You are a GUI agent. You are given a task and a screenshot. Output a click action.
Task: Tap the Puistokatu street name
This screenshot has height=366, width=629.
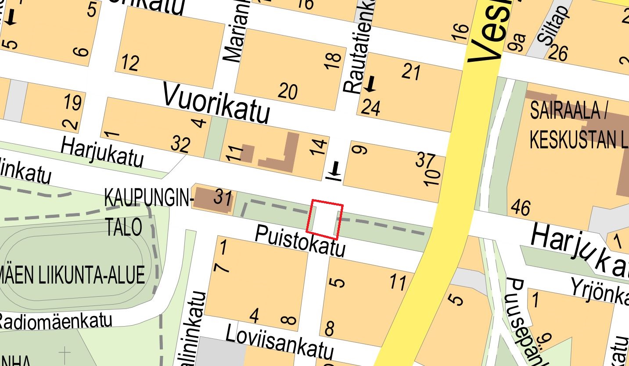coord(300,241)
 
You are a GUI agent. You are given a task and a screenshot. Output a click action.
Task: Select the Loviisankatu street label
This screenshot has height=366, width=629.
coord(280,343)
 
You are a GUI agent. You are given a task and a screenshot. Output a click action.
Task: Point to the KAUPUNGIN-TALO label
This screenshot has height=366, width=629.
coord(148,213)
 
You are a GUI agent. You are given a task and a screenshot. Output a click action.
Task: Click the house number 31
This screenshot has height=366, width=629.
coord(223,199)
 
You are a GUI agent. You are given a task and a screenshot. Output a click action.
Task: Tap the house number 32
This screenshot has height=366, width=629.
coord(180,144)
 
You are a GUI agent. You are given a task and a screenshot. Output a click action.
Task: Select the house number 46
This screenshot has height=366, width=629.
coord(520,207)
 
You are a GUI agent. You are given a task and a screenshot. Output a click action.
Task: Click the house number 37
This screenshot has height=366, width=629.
coord(425,160)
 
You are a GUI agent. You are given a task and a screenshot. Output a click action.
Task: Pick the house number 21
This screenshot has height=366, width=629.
coord(411,71)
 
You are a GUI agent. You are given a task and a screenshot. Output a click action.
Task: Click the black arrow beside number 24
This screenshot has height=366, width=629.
coord(370,84)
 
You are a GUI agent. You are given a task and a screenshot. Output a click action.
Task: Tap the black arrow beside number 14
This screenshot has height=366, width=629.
coord(336,170)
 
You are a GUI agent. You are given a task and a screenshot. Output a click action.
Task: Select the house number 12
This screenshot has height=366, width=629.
coord(130,63)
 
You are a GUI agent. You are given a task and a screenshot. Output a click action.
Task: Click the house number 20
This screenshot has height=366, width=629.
coord(288,91)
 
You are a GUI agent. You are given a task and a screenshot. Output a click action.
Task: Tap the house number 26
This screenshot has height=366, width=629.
coord(558,53)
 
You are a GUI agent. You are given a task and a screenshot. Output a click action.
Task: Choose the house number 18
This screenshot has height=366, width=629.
coord(334,60)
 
